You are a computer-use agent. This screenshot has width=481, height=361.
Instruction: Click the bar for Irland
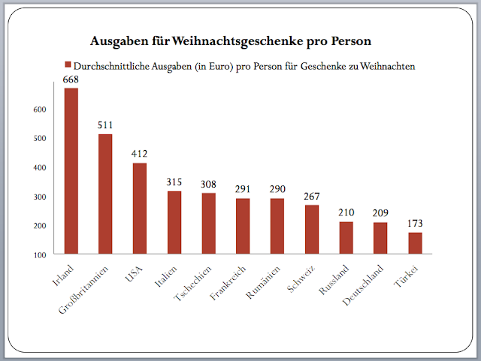pyautogui.click(x=71, y=171)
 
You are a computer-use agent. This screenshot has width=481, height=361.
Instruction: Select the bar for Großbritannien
pyautogui.click(x=105, y=194)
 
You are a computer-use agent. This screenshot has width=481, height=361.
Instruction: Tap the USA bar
pyautogui.click(x=140, y=208)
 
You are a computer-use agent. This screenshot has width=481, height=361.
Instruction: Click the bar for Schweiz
pyautogui.click(x=312, y=229)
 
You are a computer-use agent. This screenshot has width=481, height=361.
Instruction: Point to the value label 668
pyautogui.click(x=71, y=80)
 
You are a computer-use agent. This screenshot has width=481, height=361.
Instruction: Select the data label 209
pyautogui.click(x=381, y=215)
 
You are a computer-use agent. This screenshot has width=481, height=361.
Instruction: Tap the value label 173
pyautogui.click(x=415, y=224)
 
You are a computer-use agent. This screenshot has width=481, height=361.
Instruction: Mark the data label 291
pyautogui.click(x=243, y=190)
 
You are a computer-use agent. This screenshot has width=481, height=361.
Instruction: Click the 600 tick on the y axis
pyautogui.click(x=40, y=110)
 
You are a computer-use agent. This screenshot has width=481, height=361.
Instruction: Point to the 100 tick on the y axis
pyautogui.click(x=40, y=255)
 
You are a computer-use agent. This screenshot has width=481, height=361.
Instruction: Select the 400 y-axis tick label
pyautogui.click(x=40, y=167)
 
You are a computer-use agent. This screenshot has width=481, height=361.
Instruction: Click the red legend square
pyautogui.click(x=67, y=65)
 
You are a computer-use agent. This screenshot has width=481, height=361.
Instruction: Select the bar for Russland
pyautogui.click(x=346, y=238)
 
